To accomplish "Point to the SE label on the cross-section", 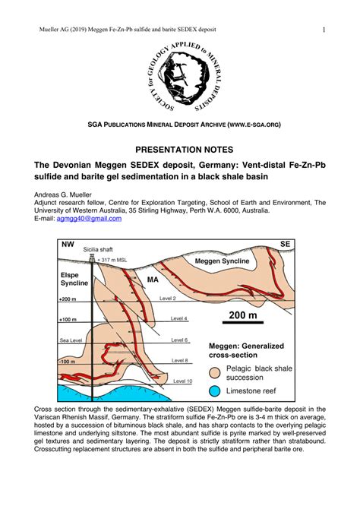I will tap(286, 244).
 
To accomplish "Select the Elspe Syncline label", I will tap(74, 278).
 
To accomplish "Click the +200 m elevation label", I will tap(68, 299).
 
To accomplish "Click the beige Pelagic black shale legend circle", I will tap(216, 372).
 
